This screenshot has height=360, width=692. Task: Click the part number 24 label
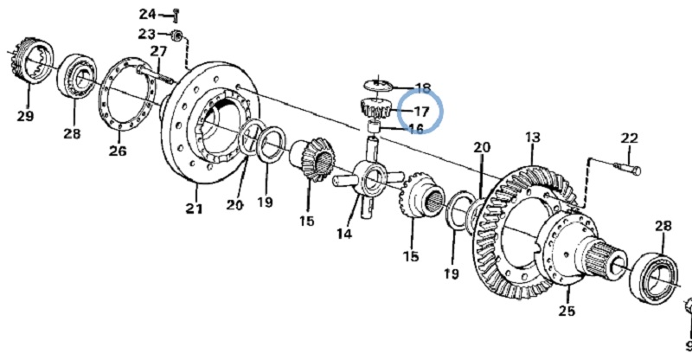[x=147, y=14]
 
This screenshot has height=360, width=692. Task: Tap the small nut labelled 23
[x=177, y=35]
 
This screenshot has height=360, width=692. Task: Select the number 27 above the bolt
[x=158, y=51]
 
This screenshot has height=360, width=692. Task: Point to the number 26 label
[x=118, y=151]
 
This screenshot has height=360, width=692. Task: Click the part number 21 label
[x=194, y=209]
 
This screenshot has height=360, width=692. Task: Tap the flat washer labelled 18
[x=378, y=85]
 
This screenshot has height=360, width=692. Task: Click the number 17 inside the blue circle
[x=420, y=111]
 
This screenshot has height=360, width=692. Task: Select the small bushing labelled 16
[x=375, y=127]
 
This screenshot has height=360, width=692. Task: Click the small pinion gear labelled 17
[x=375, y=108]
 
